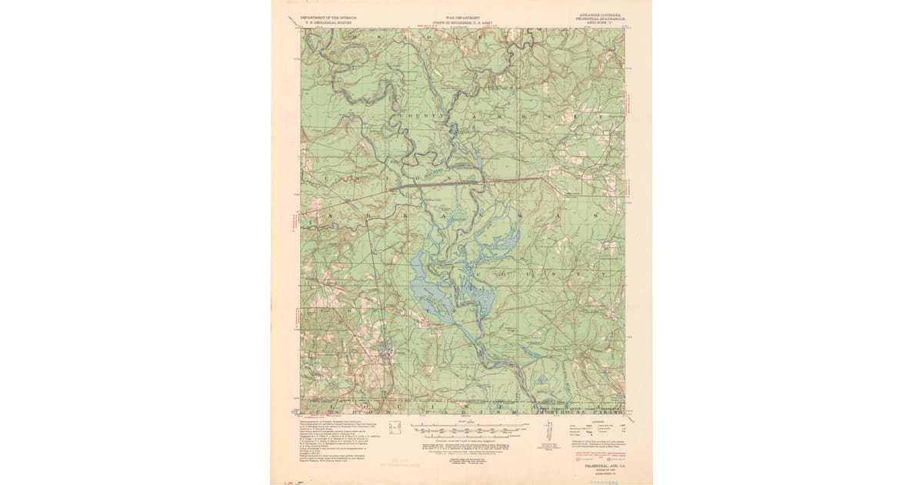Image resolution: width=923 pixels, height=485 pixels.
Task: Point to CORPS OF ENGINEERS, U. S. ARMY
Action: (461, 22)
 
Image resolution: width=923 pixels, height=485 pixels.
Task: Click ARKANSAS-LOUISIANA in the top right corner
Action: (599, 14)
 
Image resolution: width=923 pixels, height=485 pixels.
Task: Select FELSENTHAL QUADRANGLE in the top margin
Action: (599, 18)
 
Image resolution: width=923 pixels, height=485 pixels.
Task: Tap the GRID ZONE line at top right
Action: (599, 23)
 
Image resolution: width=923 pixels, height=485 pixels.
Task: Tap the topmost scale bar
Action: (461, 425)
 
